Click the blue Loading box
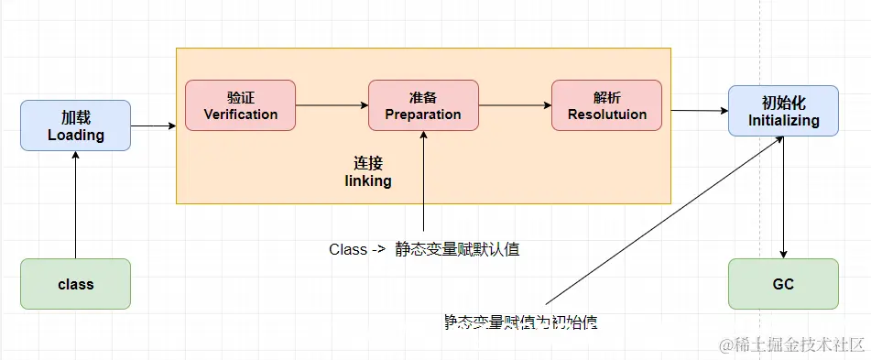tap(76, 126)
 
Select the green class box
tap(76, 284)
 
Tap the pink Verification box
tap(240, 105)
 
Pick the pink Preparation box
tap(423, 105)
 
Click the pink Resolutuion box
tap(606, 105)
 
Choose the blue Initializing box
tap(783, 111)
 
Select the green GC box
tap(783, 284)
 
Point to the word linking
tap(368, 181)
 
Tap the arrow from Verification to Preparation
tap(332, 105)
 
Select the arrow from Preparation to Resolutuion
tap(515, 105)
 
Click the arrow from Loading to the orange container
tap(153, 125)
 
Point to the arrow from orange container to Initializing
tap(700, 111)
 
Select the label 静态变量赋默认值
tap(458, 249)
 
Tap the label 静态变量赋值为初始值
tap(522, 322)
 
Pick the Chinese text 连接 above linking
tap(368, 163)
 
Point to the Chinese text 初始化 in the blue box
tap(783, 103)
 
